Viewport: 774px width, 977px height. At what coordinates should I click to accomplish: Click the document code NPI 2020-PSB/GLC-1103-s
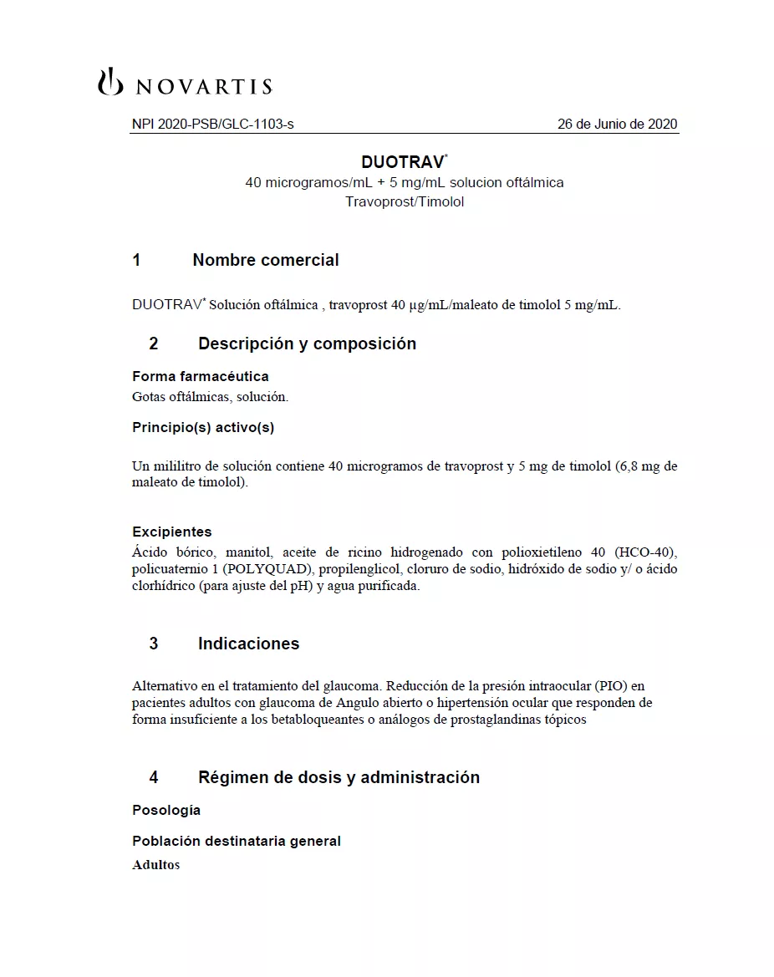coord(212,125)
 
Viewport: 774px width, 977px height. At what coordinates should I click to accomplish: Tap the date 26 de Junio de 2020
coord(617,125)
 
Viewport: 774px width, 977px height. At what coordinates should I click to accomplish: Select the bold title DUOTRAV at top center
coord(404,162)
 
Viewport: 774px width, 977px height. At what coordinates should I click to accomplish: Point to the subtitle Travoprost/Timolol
coord(404,202)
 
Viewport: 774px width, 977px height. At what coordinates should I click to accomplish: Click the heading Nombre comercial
coord(265,260)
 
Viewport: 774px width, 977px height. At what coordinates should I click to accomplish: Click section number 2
coord(153,343)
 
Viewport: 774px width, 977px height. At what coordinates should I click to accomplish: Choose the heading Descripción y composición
coord(307,343)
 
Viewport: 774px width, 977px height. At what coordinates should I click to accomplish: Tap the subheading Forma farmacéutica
coord(200,376)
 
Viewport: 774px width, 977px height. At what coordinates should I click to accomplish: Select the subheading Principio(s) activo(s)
coord(203,427)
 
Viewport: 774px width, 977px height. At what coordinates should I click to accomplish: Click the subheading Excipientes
coord(171,532)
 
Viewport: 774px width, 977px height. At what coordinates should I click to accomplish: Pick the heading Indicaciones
coord(248,644)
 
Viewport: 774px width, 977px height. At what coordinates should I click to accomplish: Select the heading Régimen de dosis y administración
coord(339,777)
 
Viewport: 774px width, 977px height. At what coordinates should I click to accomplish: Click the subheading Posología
coord(165,810)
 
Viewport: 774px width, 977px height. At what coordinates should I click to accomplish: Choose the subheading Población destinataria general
coord(236,841)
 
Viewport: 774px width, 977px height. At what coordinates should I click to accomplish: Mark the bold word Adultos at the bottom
coord(155,865)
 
